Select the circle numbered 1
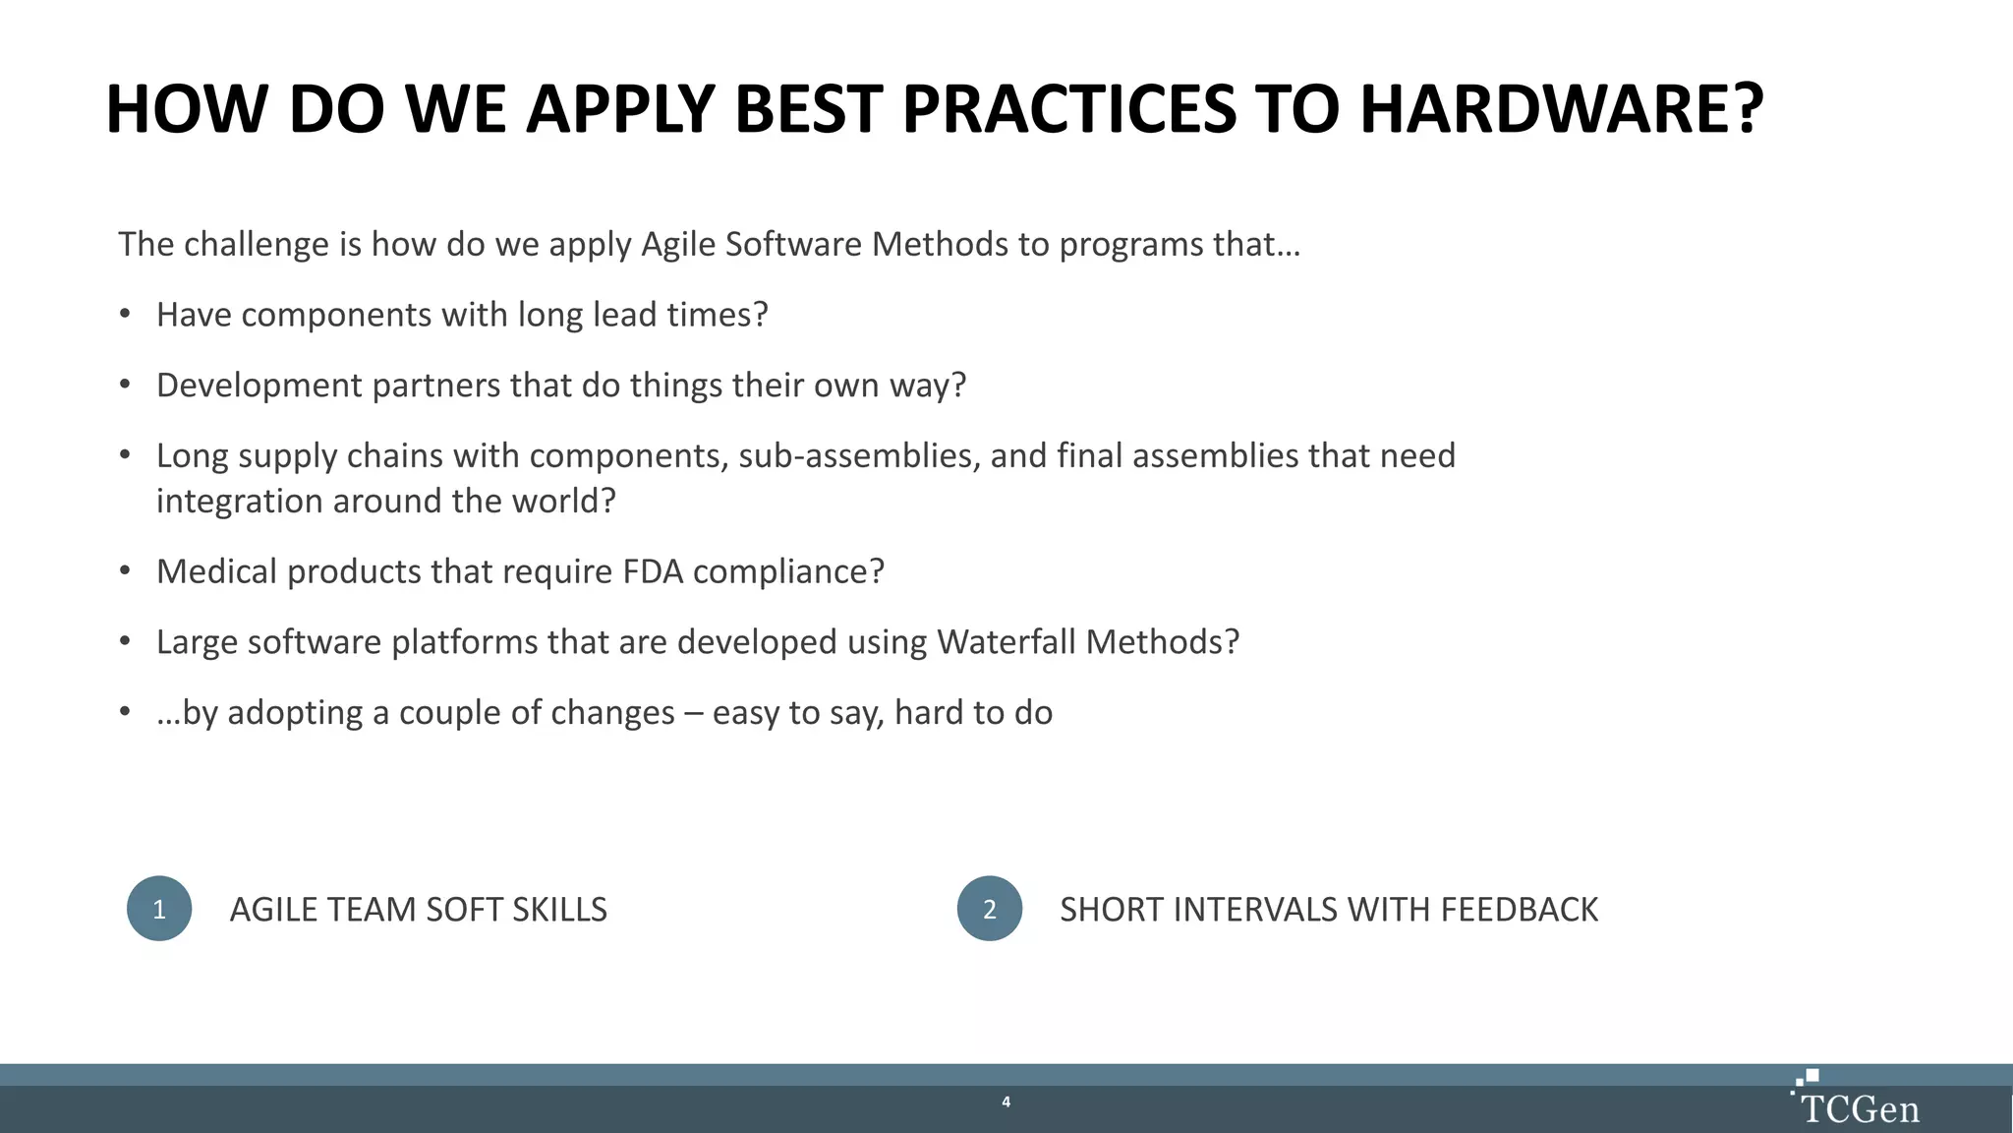[159, 909]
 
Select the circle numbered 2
[990, 909]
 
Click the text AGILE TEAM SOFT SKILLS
[418, 910]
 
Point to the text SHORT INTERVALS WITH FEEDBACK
[1329, 910]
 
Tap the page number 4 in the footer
[1006, 1102]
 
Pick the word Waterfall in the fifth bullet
[1006, 642]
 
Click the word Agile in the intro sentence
[677, 244]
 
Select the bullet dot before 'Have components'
[125, 315]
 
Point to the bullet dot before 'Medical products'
[125, 571]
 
